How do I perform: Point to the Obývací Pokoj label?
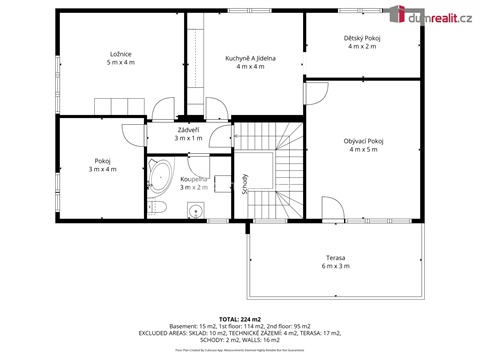(x=363, y=142)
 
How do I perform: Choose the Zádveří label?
(x=188, y=130)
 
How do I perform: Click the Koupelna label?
(x=192, y=178)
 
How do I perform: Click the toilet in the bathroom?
(x=159, y=207)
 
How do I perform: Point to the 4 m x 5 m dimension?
(x=363, y=151)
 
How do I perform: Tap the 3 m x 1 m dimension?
(x=188, y=139)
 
